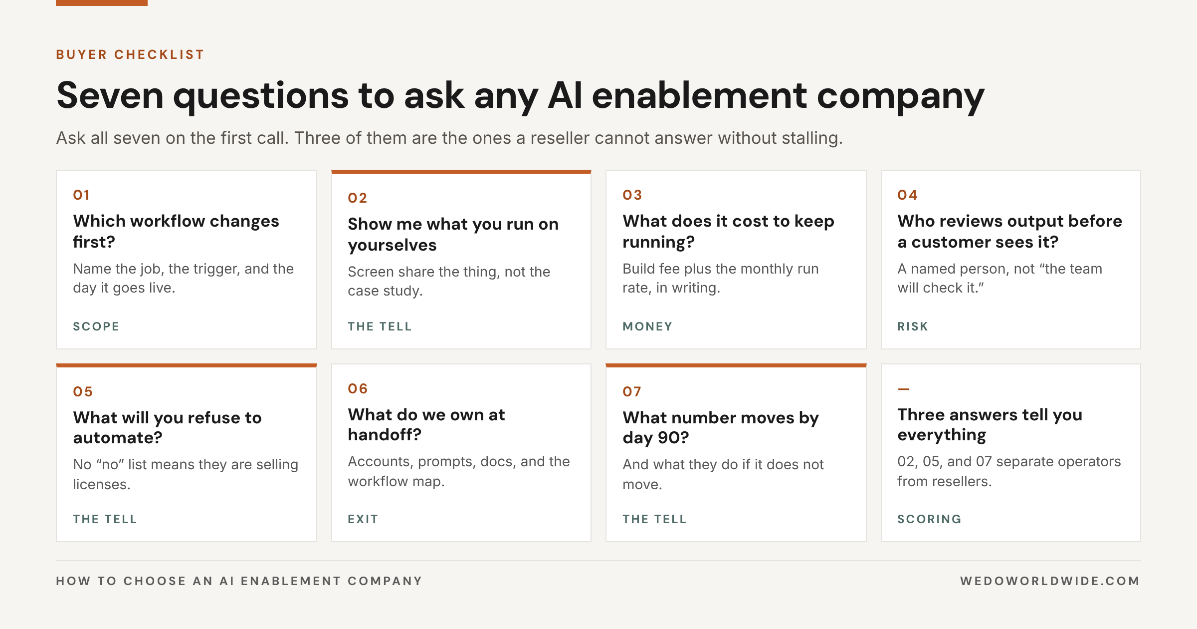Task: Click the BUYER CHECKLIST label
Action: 130,54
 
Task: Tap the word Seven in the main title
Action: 110,95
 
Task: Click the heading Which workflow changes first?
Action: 176,231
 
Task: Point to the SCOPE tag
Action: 96,326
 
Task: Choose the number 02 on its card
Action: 358,198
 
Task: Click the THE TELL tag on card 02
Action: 380,326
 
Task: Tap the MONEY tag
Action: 647,326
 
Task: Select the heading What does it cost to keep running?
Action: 728,231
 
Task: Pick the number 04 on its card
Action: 907,195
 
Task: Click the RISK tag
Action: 913,326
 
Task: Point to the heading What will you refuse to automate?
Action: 168,427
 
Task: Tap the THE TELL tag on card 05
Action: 105,519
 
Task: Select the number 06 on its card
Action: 358,388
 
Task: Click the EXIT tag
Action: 363,519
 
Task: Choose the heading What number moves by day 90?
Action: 721,427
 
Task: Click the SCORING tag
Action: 930,519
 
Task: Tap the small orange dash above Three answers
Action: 903,389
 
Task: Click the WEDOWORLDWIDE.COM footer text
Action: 1050,581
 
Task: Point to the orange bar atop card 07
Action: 736,365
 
